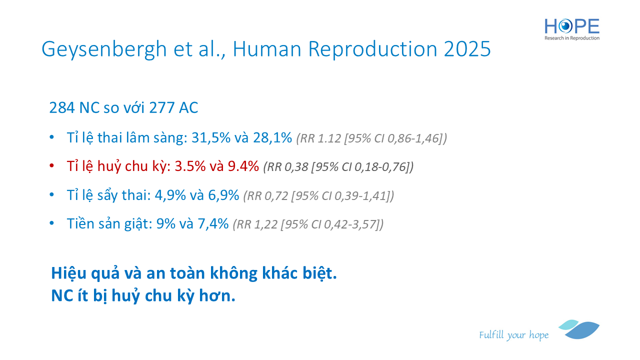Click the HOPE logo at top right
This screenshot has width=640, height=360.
pyautogui.click(x=571, y=29)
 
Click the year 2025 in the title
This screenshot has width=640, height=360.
pyautogui.click(x=467, y=49)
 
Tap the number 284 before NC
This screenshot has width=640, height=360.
pyautogui.click(x=61, y=107)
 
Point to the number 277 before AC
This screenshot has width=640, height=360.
pyautogui.click(x=161, y=107)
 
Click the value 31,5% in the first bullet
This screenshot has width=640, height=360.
pyautogui.click(x=211, y=137)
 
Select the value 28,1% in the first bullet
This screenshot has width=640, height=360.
pyautogui.click(x=272, y=137)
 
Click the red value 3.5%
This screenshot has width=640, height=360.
pyautogui.click(x=190, y=166)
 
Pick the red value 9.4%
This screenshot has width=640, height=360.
pyautogui.click(x=243, y=166)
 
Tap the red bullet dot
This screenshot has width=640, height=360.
pyautogui.click(x=51, y=166)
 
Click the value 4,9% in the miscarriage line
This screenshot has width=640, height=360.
pyautogui.click(x=170, y=195)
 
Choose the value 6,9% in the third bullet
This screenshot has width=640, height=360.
pyautogui.click(x=223, y=195)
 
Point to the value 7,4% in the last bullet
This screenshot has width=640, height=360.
pyautogui.click(x=213, y=223)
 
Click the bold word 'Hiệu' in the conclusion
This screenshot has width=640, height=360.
pyautogui.click(x=68, y=273)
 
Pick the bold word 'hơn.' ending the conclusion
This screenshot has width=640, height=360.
pyautogui.click(x=217, y=296)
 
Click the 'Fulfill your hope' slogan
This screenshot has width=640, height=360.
pyautogui.click(x=513, y=335)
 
